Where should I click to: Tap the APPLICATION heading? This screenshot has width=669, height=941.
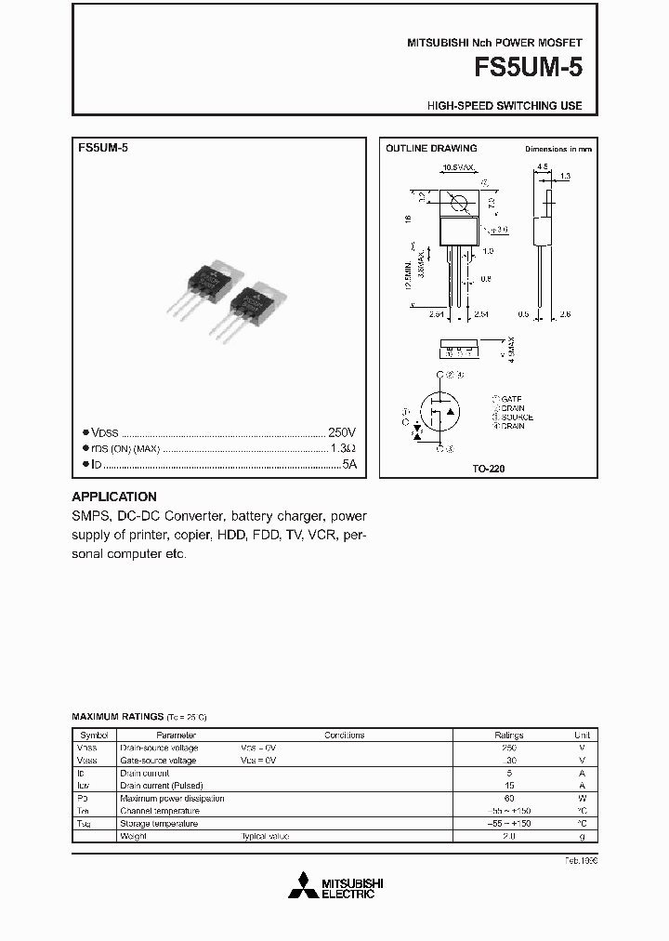point(114,497)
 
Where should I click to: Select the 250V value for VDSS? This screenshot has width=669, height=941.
point(342,433)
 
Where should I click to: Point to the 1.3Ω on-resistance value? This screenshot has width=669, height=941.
point(344,448)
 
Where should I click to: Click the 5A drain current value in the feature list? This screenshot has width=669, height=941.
point(349,463)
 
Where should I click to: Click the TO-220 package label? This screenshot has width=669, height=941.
point(489,470)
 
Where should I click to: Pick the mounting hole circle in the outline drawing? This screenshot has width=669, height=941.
point(457,204)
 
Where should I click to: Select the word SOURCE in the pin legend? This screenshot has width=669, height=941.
point(516,417)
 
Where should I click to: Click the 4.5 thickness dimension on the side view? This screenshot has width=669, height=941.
point(541,168)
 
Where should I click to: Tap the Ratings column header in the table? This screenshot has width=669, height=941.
point(508,735)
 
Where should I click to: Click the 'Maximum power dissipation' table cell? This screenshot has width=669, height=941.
point(172,798)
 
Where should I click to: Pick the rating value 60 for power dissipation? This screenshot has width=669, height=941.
point(508,798)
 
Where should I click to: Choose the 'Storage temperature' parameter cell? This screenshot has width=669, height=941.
point(159,823)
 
